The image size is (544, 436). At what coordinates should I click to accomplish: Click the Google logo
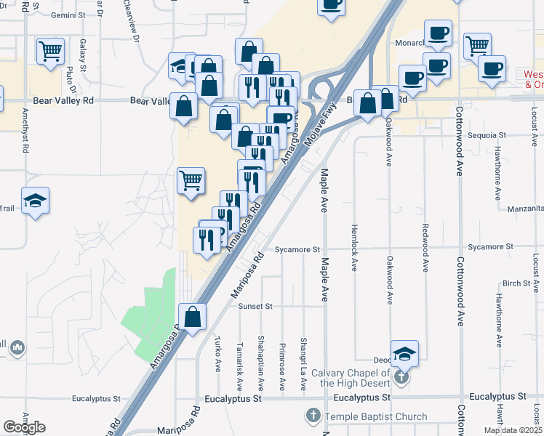[24, 427]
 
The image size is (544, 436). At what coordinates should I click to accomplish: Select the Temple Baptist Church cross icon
[313, 416]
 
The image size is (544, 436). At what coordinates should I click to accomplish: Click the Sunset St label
[255, 307]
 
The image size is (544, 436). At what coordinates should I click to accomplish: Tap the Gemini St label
[69, 15]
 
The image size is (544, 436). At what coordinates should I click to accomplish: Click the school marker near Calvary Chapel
[404, 354]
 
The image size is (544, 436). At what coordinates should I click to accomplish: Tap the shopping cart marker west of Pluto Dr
[50, 52]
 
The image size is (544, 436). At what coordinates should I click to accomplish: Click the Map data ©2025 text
[512, 430]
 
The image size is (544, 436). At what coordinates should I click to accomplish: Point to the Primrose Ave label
[282, 367]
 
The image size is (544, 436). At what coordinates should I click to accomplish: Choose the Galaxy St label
[84, 55]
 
